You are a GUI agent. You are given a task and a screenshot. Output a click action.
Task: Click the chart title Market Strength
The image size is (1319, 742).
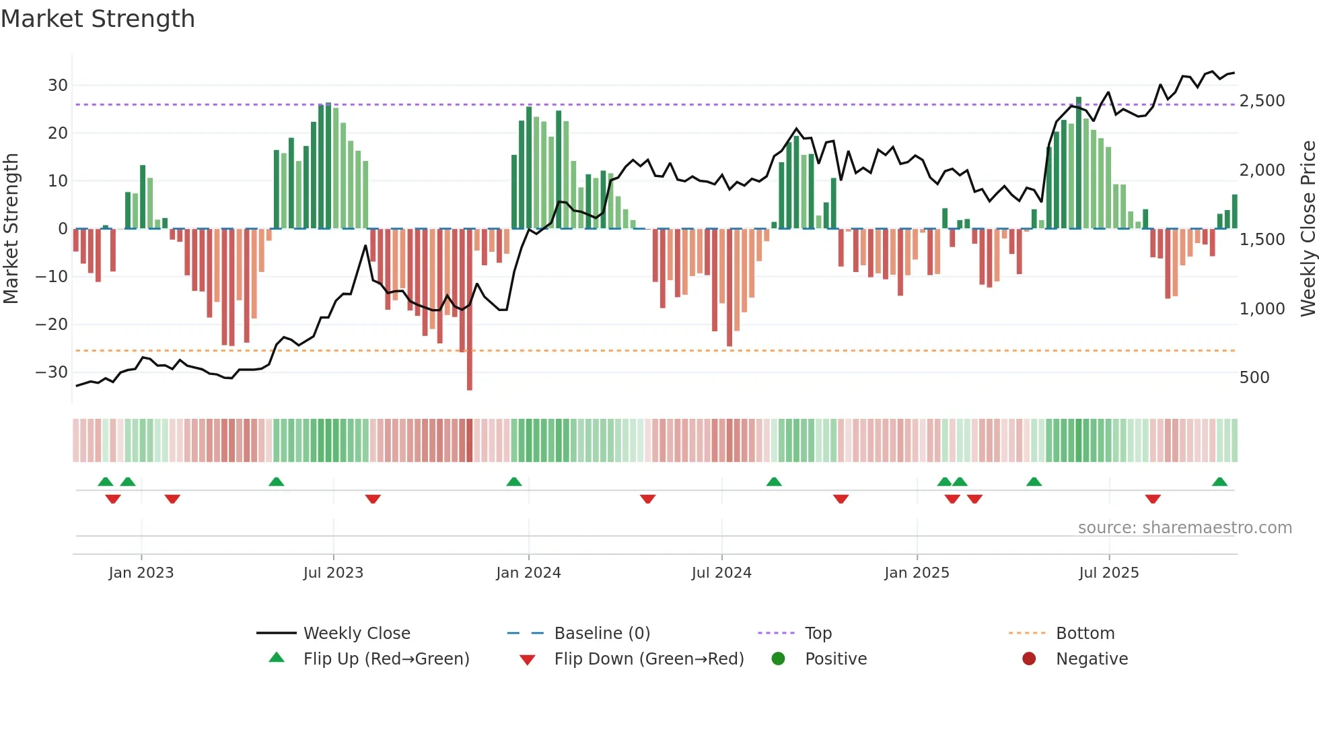tap(98, 19)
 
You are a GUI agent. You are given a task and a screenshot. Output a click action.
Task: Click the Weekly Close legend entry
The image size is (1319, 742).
tap(356, 634)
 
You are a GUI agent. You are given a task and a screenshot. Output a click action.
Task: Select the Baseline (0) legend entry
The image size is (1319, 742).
tap(602, 634)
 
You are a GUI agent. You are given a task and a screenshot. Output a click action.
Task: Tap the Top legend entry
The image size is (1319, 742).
tap(818, 634)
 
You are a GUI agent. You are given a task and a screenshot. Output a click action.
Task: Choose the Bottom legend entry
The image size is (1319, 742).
tap(1085, 634)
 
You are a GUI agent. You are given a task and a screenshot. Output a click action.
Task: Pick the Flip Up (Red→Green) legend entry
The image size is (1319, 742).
tap(386, 659)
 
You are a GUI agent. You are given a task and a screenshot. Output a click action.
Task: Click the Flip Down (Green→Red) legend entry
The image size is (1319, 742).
tap(649, 659)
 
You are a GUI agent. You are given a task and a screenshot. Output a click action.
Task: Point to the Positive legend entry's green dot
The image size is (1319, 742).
tap(778, 659)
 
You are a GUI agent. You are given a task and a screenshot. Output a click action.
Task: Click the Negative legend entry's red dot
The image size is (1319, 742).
tap(1029, 659)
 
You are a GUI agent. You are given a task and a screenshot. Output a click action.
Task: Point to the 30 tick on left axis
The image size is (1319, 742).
tap(58, 86)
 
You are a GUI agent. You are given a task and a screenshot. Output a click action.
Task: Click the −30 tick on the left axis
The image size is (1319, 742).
tap(52, 372)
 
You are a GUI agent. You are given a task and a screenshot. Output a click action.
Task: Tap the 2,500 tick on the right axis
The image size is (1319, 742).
tap(1262, 101)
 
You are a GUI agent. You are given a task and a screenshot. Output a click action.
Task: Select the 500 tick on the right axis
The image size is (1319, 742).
tap(1254, 378)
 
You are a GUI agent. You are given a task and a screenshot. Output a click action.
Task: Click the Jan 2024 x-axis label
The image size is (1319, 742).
tap(528, 573)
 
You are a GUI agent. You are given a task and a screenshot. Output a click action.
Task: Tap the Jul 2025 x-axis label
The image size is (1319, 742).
tap(1108, 573)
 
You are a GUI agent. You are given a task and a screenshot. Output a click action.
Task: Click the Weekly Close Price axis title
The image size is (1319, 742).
tap(1308, 229)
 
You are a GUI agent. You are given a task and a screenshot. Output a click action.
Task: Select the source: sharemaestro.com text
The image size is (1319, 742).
tap(1184, 528)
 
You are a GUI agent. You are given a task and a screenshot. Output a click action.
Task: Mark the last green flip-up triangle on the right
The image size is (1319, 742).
tap(1219, 482)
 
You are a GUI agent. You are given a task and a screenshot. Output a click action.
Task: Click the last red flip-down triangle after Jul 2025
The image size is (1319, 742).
tap(1153, 499)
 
